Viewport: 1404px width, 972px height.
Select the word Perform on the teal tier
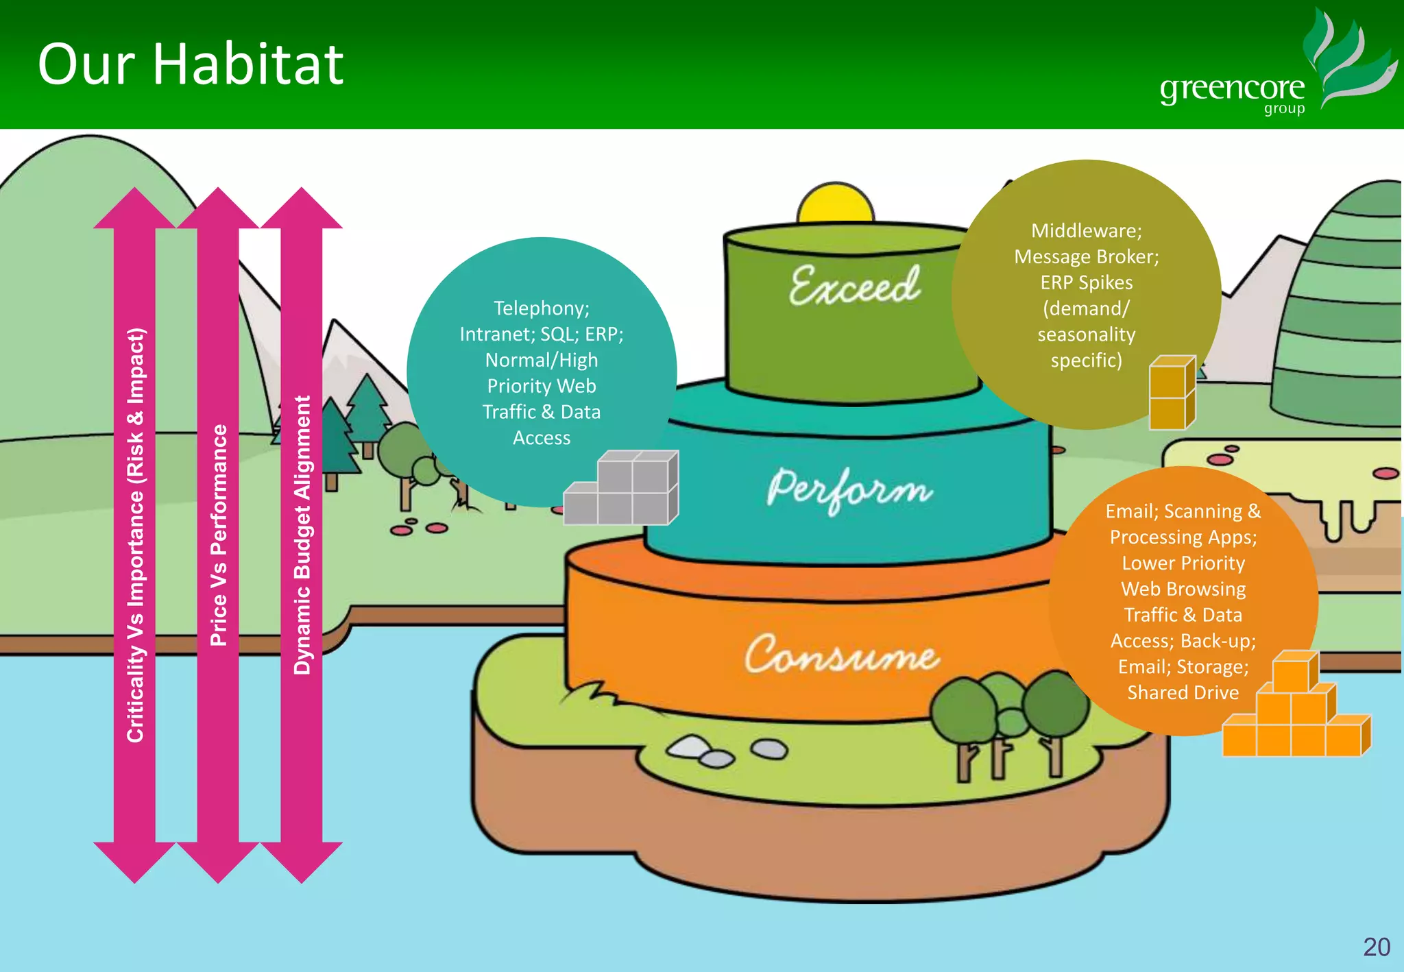(849, 489)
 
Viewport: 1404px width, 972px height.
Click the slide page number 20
(1376, 947)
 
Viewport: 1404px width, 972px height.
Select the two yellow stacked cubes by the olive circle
(1172, 393)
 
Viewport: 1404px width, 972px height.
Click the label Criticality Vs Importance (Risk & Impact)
(135, 535)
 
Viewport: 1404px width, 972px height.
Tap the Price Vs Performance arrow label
(218, 535)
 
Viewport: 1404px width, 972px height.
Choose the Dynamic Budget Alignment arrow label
(302, 535)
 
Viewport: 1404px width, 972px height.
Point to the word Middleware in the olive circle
(1086, 230)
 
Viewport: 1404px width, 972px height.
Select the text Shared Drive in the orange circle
(1183, 692)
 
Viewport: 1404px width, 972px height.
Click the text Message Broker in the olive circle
(1086, 256)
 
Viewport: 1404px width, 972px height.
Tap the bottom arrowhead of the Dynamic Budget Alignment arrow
(302, 862)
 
